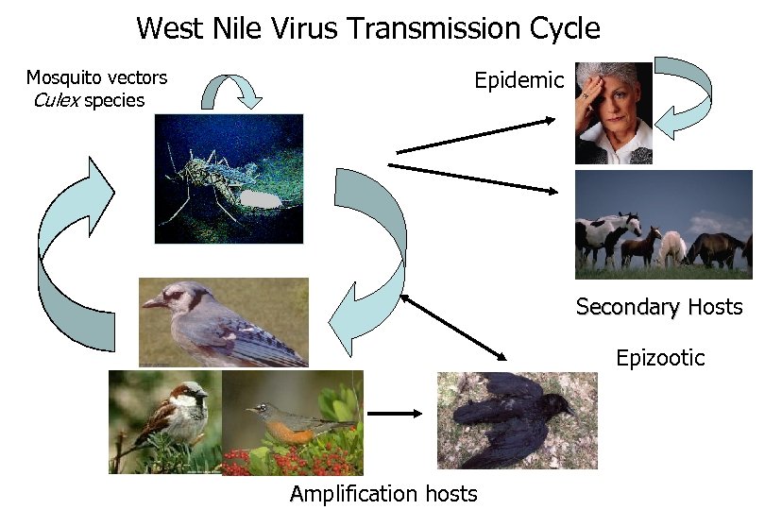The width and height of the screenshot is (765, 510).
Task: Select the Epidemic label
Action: [518, 80]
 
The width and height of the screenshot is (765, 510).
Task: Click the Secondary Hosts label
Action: [659, 307]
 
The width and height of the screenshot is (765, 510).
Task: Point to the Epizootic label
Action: [660, 358]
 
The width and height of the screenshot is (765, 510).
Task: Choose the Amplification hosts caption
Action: [383, 493]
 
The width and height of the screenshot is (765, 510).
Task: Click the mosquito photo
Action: [229, 178]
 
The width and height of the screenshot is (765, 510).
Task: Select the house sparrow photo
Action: [164, 420]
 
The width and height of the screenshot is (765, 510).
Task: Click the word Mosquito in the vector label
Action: [59, 77]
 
